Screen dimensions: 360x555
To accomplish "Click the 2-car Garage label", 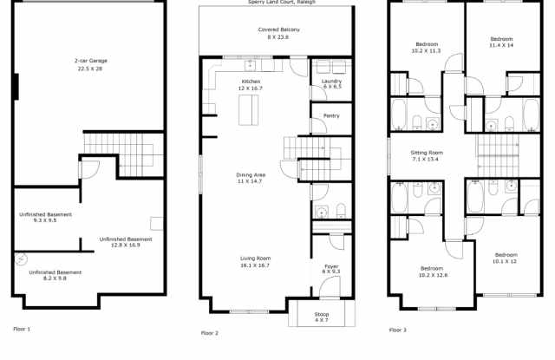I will (90, 64).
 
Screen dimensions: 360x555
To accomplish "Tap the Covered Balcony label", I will (278, 33).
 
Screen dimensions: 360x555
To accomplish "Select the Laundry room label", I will (331, 83).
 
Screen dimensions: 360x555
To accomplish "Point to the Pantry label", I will (331, 115).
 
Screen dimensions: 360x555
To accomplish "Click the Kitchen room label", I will (251, 85).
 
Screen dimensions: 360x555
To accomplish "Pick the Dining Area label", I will (251, 178).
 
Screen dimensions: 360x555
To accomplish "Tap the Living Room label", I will (255, 261).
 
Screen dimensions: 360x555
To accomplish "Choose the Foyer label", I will (331, 269).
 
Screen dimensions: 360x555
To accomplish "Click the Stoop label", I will (321, 316).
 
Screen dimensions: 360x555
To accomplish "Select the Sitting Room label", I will (426, 156).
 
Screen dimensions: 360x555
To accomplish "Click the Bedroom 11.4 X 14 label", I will (501, 43).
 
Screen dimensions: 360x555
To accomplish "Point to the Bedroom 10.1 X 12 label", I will (505, 258).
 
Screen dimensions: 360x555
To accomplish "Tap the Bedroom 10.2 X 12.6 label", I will (433, 272).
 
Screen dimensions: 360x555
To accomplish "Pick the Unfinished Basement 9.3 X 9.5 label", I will (46, 217).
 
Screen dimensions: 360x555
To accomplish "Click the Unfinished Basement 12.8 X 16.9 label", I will (125, 241).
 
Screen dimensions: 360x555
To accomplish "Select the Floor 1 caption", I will (22, 329).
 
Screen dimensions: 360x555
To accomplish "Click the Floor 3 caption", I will (397, 330).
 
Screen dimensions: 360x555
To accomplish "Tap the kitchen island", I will (249, 108).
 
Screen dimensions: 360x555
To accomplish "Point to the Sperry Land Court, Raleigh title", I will (277, 3).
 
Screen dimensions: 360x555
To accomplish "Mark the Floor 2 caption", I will (210, 333).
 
